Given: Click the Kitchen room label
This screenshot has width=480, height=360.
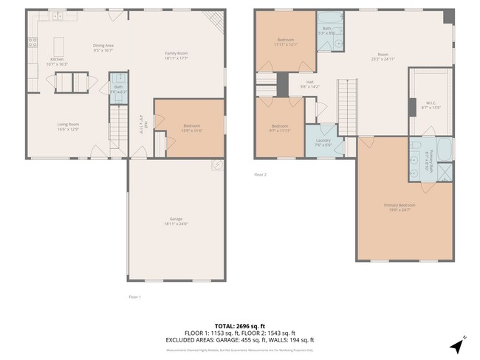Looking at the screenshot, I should (57, 60).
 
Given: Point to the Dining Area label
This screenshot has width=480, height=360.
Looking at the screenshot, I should (103, 46).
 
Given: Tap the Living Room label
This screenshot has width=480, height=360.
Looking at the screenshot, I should (68, 124).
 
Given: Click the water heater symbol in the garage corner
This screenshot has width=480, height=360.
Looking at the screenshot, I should (217, 165).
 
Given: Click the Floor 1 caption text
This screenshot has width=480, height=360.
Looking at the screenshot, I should (134, 297).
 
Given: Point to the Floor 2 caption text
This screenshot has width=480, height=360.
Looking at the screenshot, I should (260, 175).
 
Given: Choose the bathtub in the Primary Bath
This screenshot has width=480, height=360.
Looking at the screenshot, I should (443, 150).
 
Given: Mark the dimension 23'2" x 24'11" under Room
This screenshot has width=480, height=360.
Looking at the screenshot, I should (383, 58).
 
